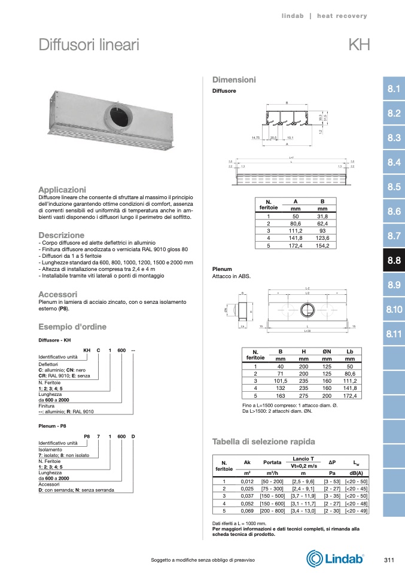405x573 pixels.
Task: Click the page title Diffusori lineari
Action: point(89,45)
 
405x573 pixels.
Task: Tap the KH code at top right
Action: point(358,45)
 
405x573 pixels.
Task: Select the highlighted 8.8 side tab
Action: point(394,260)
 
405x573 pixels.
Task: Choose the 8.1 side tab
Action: point(394,89)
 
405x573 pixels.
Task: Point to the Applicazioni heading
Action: point(62,190)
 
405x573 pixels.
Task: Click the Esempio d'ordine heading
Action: point(72,327)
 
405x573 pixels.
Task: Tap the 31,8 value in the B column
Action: point(322,216)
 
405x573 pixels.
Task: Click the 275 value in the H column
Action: point(304,395)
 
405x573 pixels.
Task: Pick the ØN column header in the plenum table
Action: point(327,352)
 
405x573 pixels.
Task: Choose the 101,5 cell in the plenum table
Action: point(280,380)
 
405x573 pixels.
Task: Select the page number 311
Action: point(388,559)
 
